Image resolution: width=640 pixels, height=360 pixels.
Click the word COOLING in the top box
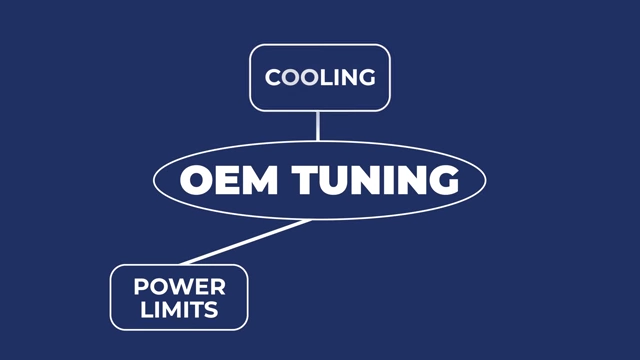[x=320, y=78]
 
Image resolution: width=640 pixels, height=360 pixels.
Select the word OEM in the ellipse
[x=229, y=180]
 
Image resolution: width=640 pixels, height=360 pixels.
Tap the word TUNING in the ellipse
[x=376, y=180]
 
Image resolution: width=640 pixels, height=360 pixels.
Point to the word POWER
[x=180, y=287]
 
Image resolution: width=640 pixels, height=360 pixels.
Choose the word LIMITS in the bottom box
[x=179, y=310]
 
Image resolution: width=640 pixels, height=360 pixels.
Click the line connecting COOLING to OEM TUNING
[x=318, y=126]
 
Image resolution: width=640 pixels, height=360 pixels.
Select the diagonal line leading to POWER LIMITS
[x=245, y=242]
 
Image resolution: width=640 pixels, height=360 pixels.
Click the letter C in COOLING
[x=273, y=78]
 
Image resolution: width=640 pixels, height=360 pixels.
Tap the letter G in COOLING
[x=367, y=78]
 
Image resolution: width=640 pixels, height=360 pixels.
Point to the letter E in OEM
[x=229, y=180]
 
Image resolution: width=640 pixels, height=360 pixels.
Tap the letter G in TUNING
[x=444, y=180]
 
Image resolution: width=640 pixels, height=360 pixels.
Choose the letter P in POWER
[x=141, y=287]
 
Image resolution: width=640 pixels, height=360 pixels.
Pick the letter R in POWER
[x=218, y=287]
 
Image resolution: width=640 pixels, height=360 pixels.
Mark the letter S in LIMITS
[x=211, y=310]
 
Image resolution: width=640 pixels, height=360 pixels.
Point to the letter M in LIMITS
[x=168, y=310]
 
